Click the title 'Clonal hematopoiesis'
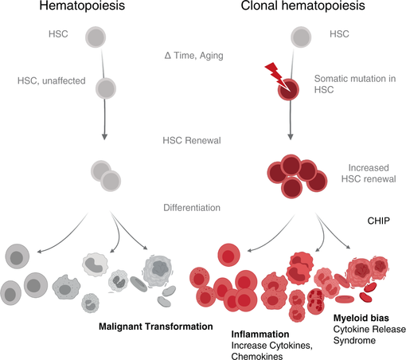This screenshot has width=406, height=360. [303, 6]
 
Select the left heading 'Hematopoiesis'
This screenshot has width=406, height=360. [82, 6]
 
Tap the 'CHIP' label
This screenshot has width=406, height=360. [379, 221]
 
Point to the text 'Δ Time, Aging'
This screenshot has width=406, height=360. [194, 56]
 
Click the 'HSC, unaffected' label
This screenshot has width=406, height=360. [52, 80]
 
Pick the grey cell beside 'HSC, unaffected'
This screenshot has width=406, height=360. [106, 88]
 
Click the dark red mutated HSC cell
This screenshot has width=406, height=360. [288, 89]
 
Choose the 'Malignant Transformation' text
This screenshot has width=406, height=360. [156, 327]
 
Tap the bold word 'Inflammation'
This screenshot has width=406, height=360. [260, 334]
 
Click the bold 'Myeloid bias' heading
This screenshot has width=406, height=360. [361, 318]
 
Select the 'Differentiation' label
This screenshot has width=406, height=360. [192, 208]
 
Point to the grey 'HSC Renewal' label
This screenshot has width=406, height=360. [192, 140]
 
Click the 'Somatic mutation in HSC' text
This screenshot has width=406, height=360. [355, 84]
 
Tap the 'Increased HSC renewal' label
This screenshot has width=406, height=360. [369, 174]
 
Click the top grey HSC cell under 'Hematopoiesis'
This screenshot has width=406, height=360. [96, 37]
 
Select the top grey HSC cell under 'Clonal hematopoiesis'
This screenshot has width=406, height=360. [301, 37]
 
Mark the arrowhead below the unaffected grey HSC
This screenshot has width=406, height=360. [104, 136]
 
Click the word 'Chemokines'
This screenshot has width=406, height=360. [257, 356]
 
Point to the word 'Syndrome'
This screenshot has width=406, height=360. [354, 340]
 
